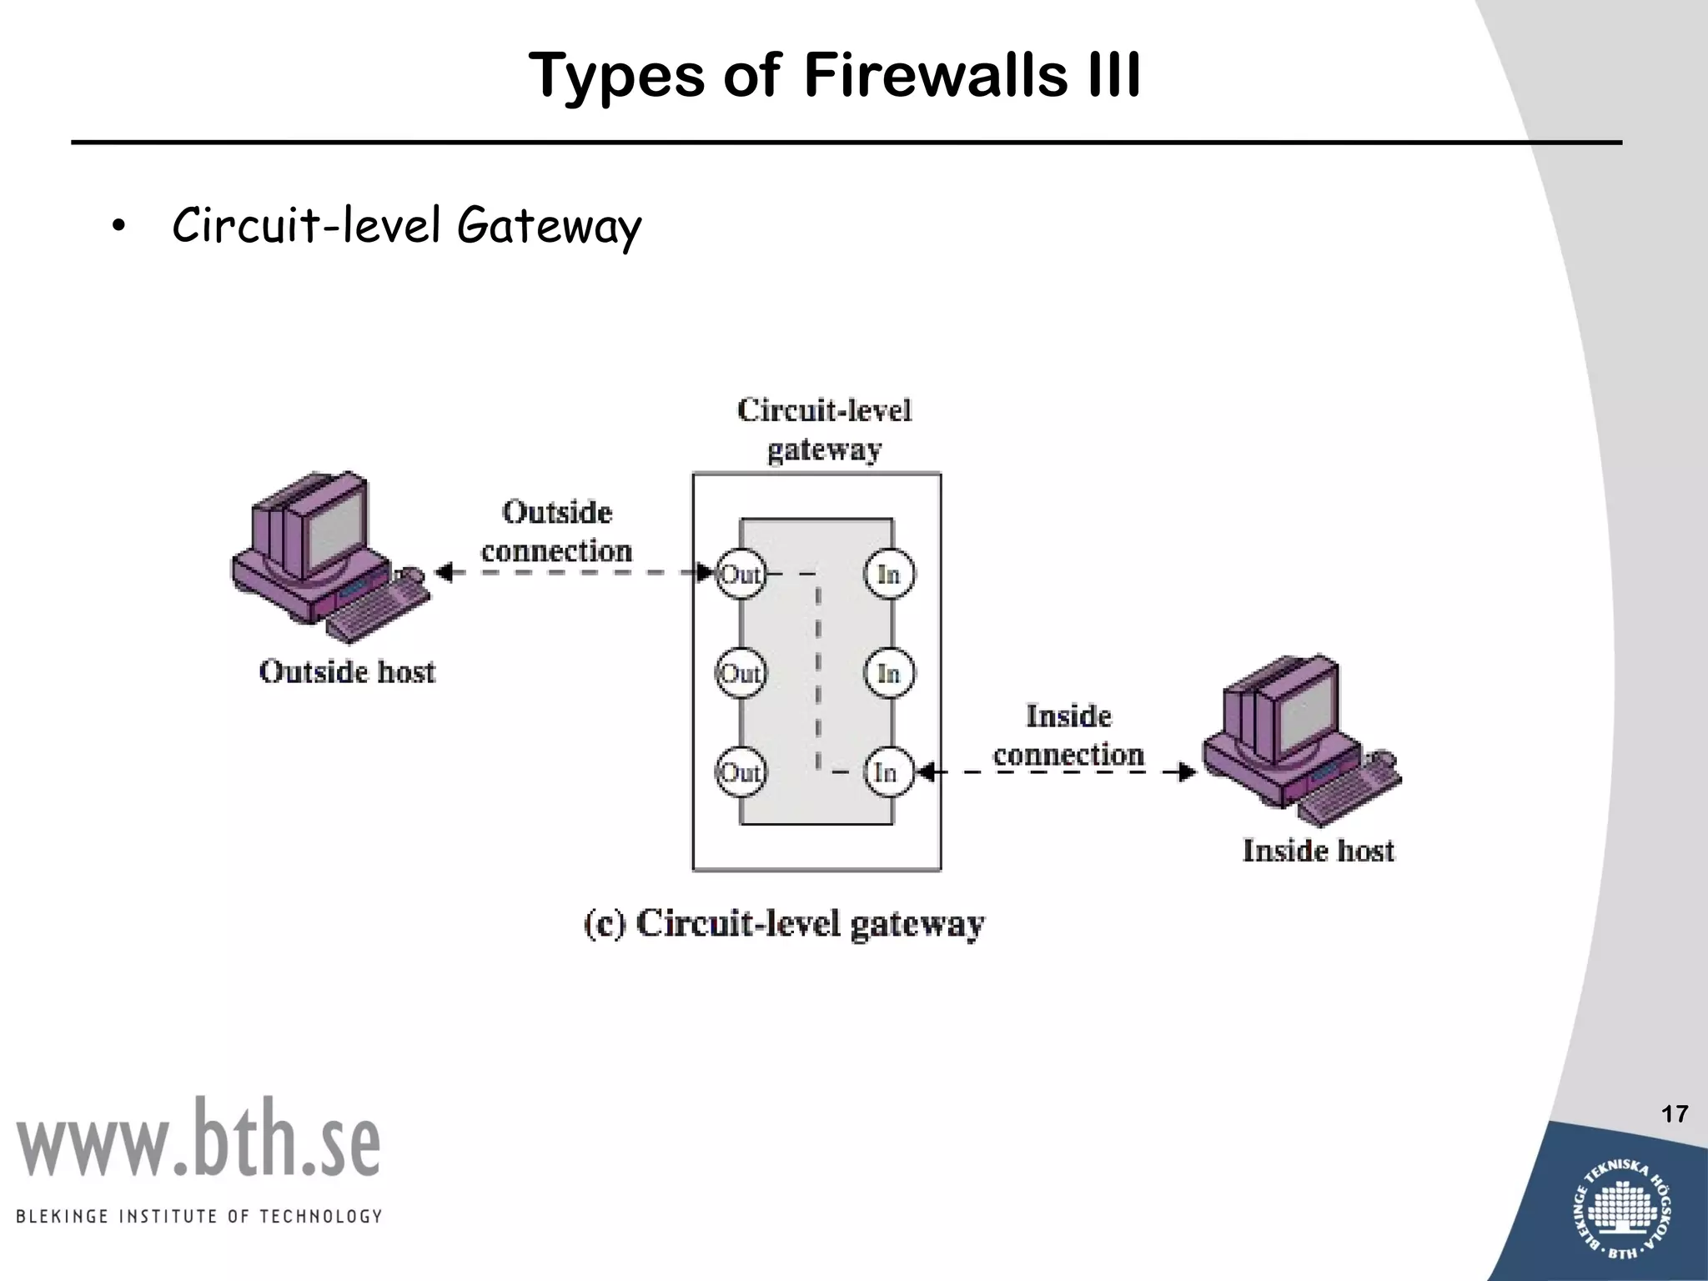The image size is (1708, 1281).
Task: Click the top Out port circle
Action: tap(741, 574)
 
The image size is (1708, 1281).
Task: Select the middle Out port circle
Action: tap(741, 673)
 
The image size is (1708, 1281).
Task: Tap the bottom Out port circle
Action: tap(741, 772)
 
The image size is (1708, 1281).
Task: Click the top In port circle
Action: tap(889, 574)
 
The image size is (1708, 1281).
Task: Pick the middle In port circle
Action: tap(889, 673)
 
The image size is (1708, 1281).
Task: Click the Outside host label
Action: tap(347, 672)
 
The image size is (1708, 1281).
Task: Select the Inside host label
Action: tap(1318, 851)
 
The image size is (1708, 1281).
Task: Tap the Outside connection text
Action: tap(557, 531)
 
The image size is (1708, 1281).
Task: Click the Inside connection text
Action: tap(1068, 736)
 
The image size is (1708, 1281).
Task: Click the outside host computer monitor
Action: tap(334, 525)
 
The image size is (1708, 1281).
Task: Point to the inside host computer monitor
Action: tap(1305, 709)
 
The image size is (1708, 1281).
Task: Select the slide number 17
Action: tap(1675, 1114)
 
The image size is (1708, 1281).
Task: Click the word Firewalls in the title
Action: tap(935, 75)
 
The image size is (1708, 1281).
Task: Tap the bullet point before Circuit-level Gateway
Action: tap(118, 227)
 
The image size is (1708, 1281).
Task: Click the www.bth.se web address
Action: tap(198, 1139)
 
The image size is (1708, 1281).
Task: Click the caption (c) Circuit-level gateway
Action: tap(784, 924)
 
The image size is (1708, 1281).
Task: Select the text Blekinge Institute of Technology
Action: tap(198, 1216)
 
